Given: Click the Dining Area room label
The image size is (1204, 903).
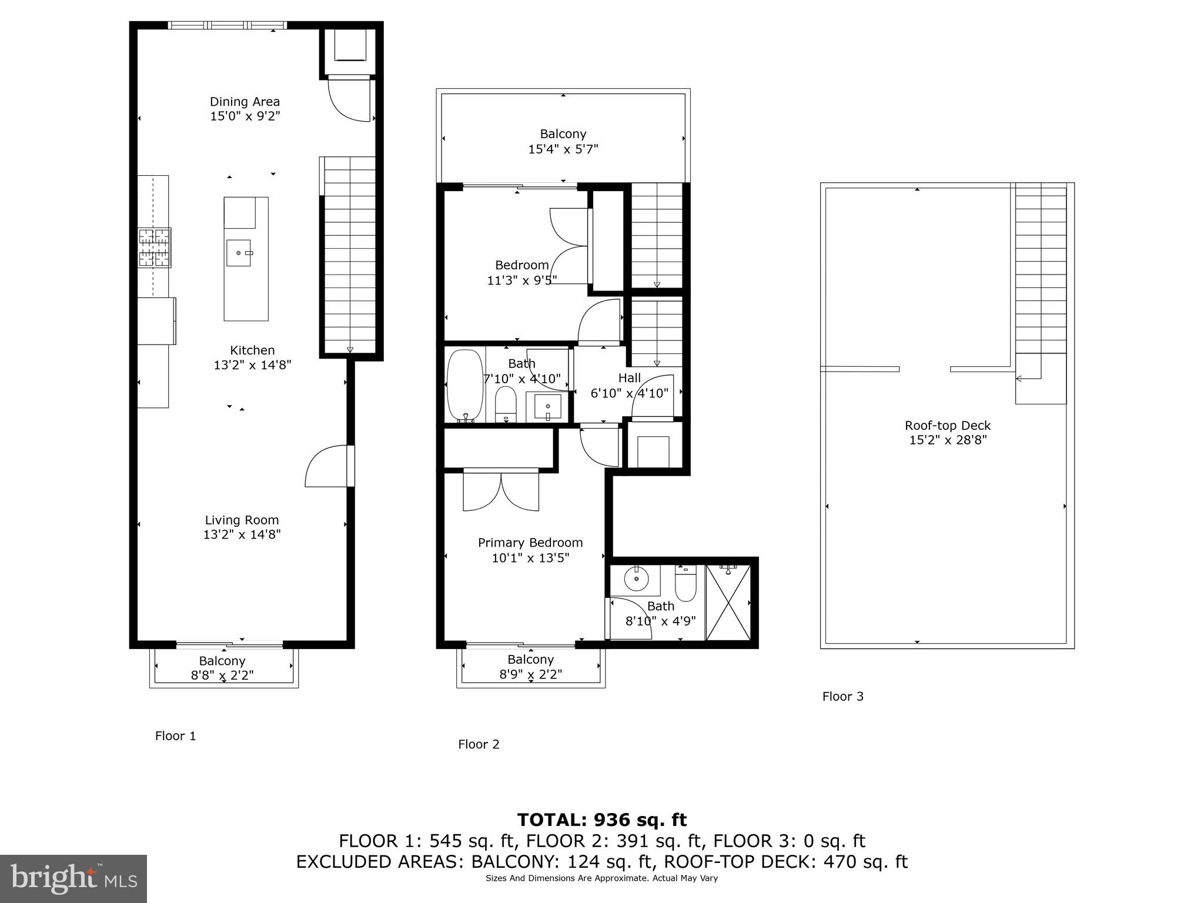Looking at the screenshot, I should coord(245,102).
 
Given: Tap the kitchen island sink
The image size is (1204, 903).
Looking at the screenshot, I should coord(239,253).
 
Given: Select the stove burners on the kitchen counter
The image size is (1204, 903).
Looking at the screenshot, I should coord(155,248).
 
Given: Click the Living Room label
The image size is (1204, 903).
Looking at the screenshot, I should coord(242,520).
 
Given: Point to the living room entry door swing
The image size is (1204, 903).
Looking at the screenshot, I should coord(327,467).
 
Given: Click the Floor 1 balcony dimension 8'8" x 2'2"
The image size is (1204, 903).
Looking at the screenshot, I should coord(222,675).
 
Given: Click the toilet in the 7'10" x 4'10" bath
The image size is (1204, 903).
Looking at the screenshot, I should coord(506,404).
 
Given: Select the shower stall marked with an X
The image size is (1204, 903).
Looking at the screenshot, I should coord(728,602).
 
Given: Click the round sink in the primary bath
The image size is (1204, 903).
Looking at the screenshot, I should coord(636,581).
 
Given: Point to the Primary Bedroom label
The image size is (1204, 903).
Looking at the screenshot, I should coord(530,543).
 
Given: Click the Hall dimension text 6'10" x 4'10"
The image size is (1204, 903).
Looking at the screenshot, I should coord(629,393).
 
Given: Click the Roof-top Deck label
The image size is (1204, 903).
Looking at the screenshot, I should coord(947,426).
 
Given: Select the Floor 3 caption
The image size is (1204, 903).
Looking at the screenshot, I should coord(842,697).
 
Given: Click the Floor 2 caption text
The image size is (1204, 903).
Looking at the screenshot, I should coord(479,744).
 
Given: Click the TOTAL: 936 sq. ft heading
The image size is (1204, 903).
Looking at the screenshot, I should coord(601,820).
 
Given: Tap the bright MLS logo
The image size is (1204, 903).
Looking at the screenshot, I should coord(73,878).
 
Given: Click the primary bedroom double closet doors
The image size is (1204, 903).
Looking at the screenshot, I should coord(501,491).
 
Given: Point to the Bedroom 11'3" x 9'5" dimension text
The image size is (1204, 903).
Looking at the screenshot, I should coord(521,280).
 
